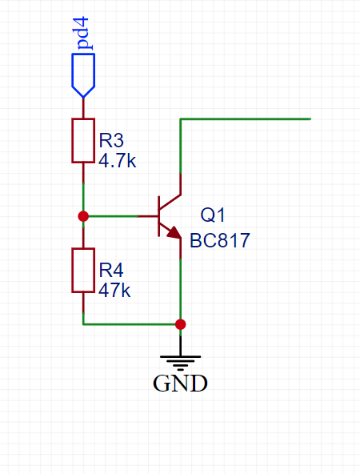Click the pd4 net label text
[83, 34]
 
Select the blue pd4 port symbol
[83, 75]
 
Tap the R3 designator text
[111, 140]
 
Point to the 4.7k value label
[117, 160]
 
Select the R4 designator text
[111, 270]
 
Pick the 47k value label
[114, 290]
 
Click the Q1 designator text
[213, 215]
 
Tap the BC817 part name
[219, 241]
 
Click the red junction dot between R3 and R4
[83, 216]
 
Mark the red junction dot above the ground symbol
[181, 324]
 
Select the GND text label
[180, 384]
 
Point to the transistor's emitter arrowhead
[174, 232]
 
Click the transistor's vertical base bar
[159, 216]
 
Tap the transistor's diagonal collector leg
[170, 202]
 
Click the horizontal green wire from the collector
[246, 119]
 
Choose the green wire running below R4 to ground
[132, 324]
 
